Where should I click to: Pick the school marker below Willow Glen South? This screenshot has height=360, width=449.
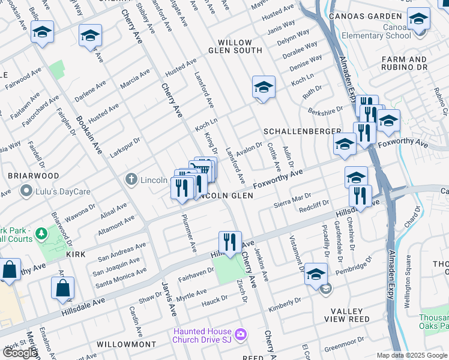[x=264, y=88]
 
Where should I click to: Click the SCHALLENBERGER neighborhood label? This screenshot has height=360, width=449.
[x=302, y=131]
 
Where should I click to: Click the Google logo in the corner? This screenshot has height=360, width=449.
[x=19, y=352]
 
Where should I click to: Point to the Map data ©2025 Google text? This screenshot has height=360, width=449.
[x=411, y=355]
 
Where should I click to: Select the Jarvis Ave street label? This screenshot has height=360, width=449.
[x=169, y=298]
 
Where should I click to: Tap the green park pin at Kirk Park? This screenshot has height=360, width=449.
[x=41, y=232]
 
